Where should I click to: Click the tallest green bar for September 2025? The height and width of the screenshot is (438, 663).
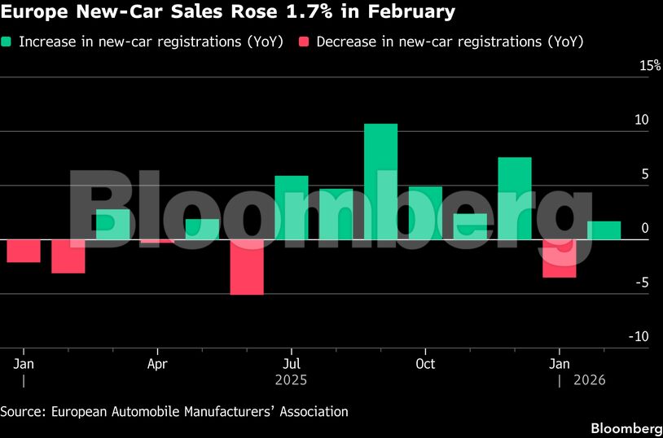(x=380, y=181)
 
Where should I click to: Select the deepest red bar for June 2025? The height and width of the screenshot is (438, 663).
(x=247, y=267)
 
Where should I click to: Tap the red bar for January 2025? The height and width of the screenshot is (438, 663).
(x=24, y=251)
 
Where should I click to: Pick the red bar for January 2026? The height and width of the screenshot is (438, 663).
(x=559, y=258)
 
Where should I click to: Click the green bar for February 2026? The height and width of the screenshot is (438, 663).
(x=604, y=230)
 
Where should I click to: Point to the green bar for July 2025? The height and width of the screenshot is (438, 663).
(x=292, y=208)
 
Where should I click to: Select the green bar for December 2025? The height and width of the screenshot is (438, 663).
(x=515, y=198)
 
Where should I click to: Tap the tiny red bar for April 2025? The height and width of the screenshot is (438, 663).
(x=157, y=241)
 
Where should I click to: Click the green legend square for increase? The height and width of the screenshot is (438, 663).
(x=7, y=41)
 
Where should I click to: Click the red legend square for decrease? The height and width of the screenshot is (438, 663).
(x=305, y=41)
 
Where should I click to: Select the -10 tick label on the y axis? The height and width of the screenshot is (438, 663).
(x=640, y=336)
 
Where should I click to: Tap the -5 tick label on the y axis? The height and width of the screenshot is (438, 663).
(x=643, y=283)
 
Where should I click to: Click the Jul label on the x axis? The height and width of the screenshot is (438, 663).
(x=291, y=363)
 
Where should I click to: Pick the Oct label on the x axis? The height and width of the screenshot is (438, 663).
(x=424, y=363)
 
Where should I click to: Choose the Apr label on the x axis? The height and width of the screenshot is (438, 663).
(x=157, y=363)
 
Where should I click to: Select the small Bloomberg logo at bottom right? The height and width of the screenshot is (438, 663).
(x=626, y=428)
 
